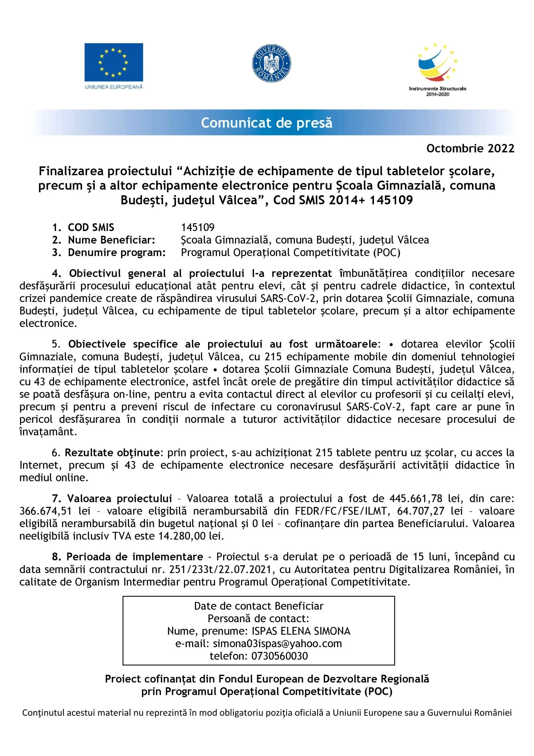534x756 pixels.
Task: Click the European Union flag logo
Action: tap(114, 63)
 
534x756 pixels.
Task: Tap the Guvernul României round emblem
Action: tap(271, 63)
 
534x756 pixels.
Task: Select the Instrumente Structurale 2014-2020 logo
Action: tap(437, 69)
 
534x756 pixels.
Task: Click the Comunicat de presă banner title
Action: tap(267, 123)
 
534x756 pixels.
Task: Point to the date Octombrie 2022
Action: tap(470, 149)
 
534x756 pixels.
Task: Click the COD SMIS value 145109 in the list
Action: tap(197, 227)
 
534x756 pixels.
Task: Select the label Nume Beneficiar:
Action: tap(111, 240)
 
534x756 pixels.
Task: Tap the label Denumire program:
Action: tap(117, 252)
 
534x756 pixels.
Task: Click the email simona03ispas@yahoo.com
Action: tap(277, 643)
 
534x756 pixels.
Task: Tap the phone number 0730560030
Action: tap(280, 656)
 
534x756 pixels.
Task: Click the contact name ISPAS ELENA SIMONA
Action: tap(301, 631)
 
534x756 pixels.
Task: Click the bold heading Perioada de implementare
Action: tap(135, 557)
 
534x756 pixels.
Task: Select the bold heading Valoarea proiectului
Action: tap(120, 498)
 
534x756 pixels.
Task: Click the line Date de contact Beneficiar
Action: tap(259, 606)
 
